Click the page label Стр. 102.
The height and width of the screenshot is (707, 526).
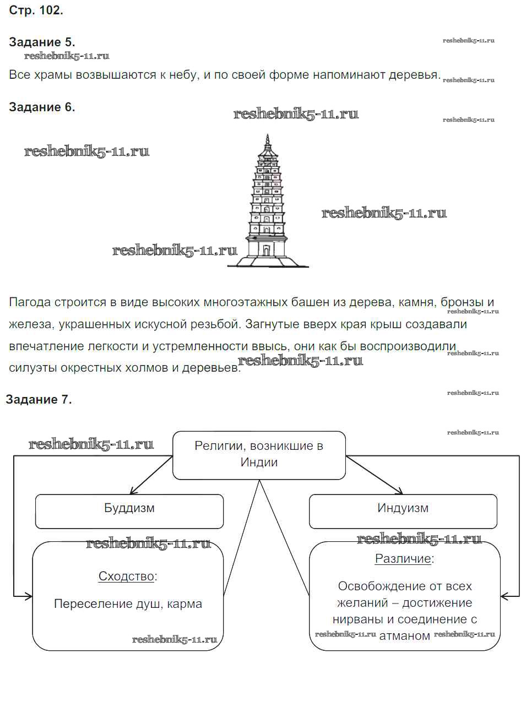(36, 10)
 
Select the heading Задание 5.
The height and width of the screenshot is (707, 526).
(42, 42)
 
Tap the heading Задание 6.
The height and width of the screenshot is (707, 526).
(42, 107)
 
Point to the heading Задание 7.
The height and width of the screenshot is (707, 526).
(39, 399)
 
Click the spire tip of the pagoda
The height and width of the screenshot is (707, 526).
(268, 136)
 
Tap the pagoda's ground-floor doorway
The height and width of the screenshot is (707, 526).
(266, 250)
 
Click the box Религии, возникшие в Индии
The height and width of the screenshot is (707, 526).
(259, 454)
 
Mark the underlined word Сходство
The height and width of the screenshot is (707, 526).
(126, 576)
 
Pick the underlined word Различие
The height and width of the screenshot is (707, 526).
(403, 558)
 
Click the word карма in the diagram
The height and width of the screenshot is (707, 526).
(185, 603)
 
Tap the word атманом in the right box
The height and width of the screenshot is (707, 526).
(405, 635)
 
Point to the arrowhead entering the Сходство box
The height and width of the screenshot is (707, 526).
(29, 596)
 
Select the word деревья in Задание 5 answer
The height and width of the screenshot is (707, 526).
(414, 75)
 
